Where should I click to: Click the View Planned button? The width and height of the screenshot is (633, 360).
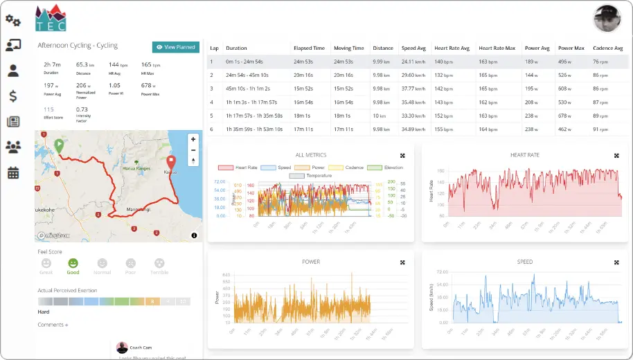coord(175,47)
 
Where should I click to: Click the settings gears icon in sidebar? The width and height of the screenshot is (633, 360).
coord(12,20)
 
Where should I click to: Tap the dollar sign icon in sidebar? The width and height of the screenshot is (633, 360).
coord(12,96)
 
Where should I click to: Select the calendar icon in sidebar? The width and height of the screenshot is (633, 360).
coord(12,172)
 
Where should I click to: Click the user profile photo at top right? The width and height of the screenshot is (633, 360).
coord(607,19)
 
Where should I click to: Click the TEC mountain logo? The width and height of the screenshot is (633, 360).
coord(51,19)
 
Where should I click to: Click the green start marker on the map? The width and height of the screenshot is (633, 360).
coord(60,145)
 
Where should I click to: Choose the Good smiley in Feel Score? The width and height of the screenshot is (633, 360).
coord(73,264)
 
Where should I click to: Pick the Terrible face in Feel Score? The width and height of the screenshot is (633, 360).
coord(159,264)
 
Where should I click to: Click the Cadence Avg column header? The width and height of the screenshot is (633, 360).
coord(609,48)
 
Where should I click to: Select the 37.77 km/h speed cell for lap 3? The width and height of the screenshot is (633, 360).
coord(414,89)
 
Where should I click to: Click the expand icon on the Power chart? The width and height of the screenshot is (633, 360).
coord(402,262)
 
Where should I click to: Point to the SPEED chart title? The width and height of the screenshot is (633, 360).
coord(524,262)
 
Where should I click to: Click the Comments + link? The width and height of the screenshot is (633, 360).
coord(53,325)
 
